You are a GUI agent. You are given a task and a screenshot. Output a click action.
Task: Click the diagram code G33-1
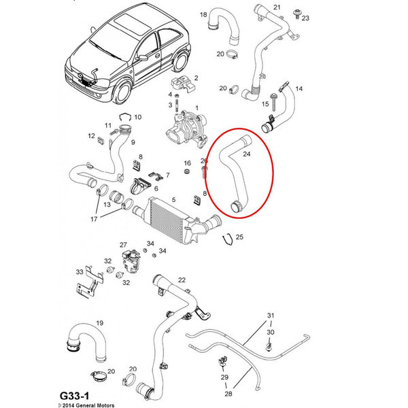[74, 396]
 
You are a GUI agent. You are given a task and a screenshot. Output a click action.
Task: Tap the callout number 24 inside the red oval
[246, 154]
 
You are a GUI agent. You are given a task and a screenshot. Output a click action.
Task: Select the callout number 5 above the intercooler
[173, 199]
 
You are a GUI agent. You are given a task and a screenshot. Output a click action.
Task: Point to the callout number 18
[203, 14]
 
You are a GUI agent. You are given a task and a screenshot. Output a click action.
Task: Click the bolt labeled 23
[296, 14]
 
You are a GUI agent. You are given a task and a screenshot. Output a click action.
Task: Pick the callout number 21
[277, 7]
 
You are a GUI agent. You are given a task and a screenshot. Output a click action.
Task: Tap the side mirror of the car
[142, 58]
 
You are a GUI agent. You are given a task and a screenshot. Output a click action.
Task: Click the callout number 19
[100, 323]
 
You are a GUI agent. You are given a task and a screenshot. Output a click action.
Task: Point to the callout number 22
[182, 280]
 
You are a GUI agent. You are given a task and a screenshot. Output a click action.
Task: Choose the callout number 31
[271, 316]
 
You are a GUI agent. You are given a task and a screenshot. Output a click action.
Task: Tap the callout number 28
[228, 394]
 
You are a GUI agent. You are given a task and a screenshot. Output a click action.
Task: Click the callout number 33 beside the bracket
[80, 272]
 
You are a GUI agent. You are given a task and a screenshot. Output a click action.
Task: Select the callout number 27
[123, 245]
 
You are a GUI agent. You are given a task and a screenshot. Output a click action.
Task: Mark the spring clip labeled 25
[228, 239]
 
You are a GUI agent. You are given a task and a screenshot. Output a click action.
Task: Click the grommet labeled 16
[187, 172]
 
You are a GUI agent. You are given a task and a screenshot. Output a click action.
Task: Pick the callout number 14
[299, 88]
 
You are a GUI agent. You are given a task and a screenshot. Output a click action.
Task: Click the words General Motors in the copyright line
[95, 405]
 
